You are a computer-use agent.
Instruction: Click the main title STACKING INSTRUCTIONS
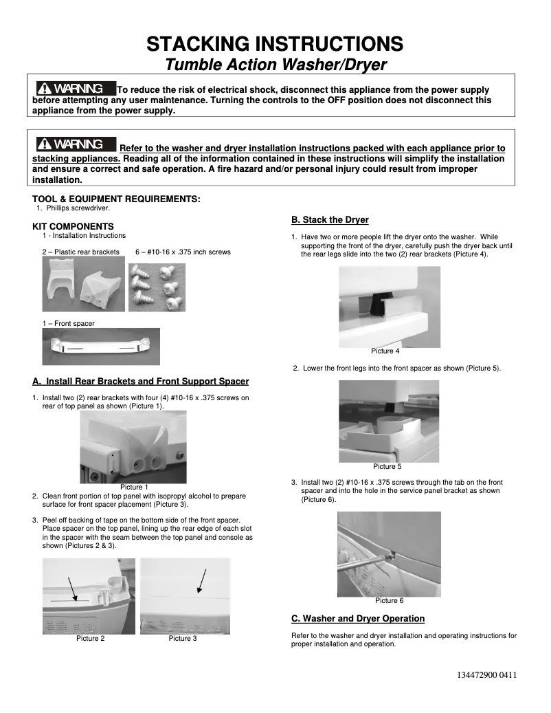click(x=275, y=44)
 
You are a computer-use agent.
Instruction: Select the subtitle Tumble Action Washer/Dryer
click(x=275, y=65)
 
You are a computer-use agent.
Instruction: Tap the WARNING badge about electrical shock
click(x=75, y=89)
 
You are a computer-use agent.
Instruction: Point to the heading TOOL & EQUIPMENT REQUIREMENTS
click(x=117, y=199)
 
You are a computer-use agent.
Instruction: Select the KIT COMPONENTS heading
click(x=73, y=226)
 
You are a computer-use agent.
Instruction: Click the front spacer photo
click(x=100, y=346)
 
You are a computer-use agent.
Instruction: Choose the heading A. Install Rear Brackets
click(x=141, y=382)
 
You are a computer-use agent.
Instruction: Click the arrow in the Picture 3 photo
click(x=201, y=581)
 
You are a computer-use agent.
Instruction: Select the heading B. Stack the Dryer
click(x=330, y=220)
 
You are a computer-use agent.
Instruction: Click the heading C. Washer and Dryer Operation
click(x=358, y=619)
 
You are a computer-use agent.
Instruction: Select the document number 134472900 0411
click(x=486, y=674)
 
